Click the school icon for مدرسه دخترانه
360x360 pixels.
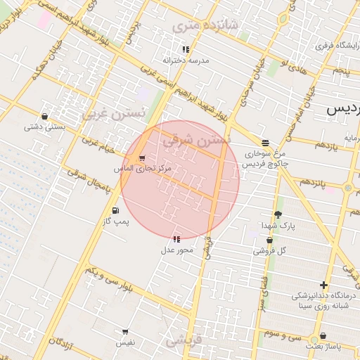(x=185, y=49)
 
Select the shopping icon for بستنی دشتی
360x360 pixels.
(x=45, y=117)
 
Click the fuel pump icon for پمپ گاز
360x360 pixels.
(x=115, y=210)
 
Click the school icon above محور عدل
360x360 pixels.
(x=176, y=239)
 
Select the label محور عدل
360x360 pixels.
(x=172, y=250)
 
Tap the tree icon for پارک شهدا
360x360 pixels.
(x=278, y=214)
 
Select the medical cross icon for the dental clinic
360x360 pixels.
(x=323, y=285)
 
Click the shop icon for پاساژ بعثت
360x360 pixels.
(x=322, y=336)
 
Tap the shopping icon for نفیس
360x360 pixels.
(x=125, y=331)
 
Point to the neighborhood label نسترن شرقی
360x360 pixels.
(x=196, y=140)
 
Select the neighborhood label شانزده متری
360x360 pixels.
(x=205, y=27)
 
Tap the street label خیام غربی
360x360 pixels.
(x=90, y=144)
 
